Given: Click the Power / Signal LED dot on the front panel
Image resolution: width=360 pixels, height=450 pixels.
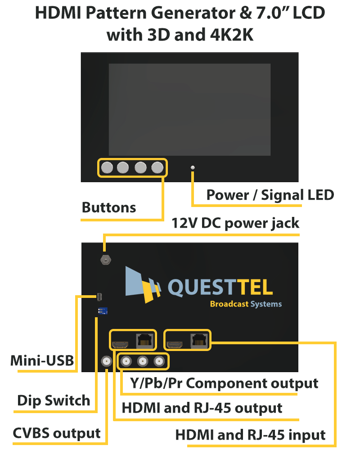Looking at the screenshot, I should point(193,168).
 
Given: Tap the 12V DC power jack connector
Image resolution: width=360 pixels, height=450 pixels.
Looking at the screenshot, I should point(105,260).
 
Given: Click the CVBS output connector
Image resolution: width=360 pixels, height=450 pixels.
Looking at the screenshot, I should point(107,361).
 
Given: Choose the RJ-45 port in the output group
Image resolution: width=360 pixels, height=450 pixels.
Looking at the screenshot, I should point(144,341).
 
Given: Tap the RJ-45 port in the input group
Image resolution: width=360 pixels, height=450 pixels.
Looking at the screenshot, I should point(199,341).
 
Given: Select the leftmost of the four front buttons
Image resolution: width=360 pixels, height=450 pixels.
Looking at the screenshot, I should point(107,168).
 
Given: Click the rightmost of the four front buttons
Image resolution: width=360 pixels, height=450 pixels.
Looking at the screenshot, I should point(157,168).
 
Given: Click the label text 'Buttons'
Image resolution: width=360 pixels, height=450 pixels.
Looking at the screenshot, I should point(109,207).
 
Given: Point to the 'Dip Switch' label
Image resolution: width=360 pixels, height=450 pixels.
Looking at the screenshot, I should point(54,400).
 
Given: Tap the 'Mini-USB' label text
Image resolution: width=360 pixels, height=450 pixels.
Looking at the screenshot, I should point(42,361).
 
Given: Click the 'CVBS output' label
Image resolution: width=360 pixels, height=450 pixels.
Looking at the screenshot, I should point(57,433).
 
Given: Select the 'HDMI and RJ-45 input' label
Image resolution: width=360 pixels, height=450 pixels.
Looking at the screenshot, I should point(250,435).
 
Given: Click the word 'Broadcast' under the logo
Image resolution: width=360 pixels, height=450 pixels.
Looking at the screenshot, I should point(229,304).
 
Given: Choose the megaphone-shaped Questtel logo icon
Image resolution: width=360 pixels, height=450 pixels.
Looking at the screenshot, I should point(143,283).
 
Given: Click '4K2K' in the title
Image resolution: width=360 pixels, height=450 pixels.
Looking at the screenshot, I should point(225,35).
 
